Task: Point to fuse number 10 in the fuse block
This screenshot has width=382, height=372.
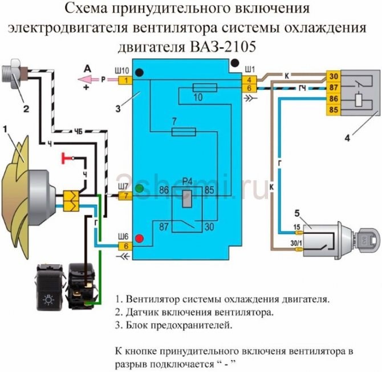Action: (x=205, y=87)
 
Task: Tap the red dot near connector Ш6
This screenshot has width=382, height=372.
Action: (x=139, y=237)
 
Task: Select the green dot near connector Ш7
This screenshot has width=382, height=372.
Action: (x=139, y=188)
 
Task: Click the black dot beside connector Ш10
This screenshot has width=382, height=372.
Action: (x=139, y=71)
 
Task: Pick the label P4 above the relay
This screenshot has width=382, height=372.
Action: (x=186, y=181)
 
